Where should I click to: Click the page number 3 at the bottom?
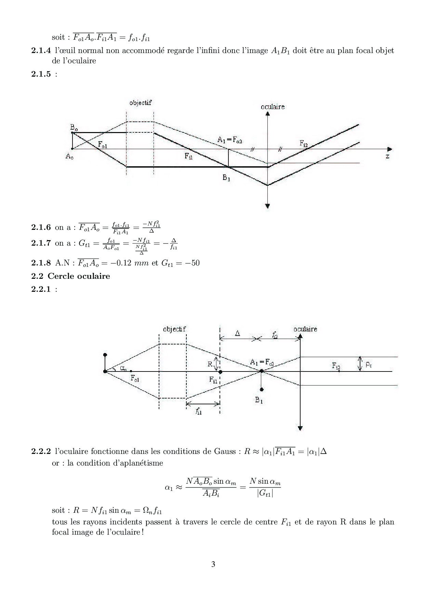(213, 564)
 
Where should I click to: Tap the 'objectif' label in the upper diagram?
(140, 103)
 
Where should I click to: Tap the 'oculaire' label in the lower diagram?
(305, 329)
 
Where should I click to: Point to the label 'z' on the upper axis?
(387, 156)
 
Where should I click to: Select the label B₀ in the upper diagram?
(74, 128)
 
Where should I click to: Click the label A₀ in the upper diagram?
(69, 157)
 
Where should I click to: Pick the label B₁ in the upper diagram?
(226, 178)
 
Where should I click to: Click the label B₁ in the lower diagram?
(259, 400)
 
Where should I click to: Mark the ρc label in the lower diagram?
(368, 365)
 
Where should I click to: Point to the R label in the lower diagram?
(210, 364)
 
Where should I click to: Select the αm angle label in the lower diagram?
(123, 368)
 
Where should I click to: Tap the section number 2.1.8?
(41, 263)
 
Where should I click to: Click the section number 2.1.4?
(41, 51)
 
